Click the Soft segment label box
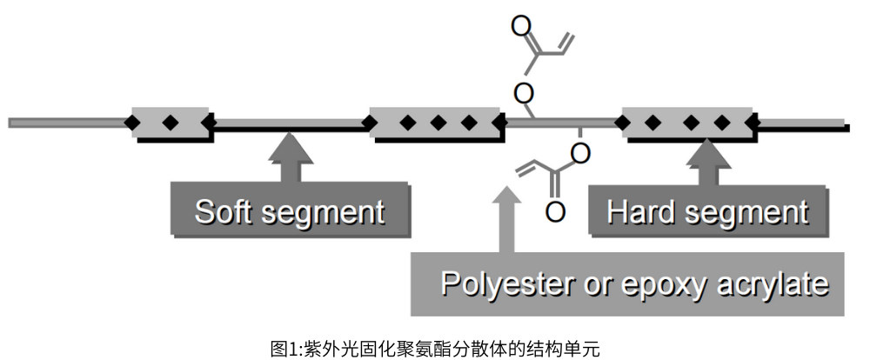pyautogui.click(x=289, y=211)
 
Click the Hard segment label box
pyautogui.click(x=706, y=211)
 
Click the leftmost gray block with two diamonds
pyautogui.click(x=170, y=122)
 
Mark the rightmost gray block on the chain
pyautogui.click(x=687, y=122)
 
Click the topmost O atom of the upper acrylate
pyautogui.click(x=521, y=25)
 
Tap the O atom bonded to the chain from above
pyautogui.click(x=523, y=90)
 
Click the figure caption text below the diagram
pyautogui.click(x=434, y=348)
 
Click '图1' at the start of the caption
pyautogui.click(x=281, y=348)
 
